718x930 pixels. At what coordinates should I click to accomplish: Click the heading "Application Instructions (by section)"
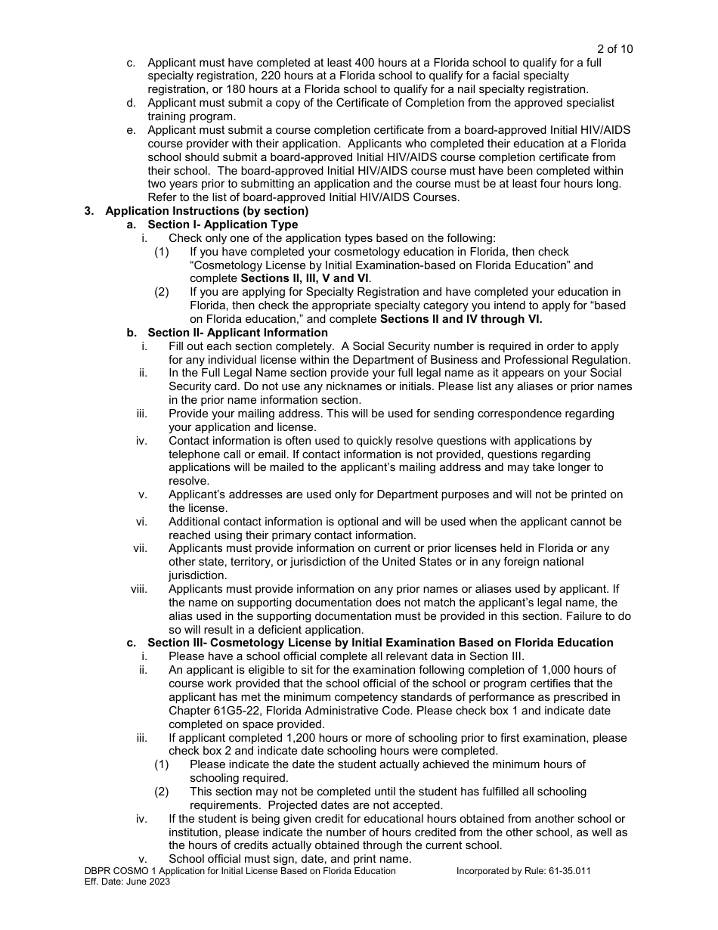click(207, 211)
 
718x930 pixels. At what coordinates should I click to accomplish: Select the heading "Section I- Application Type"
click(223, 225)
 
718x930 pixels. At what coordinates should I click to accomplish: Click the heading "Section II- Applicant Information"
click(237, 333)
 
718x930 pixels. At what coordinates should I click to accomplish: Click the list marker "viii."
click(139, 589)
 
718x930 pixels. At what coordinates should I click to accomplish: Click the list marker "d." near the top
click(132, 103)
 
